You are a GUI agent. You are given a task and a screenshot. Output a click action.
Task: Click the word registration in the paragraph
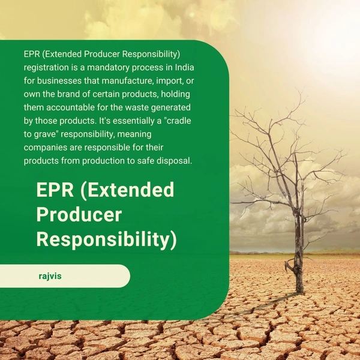click(46, 67)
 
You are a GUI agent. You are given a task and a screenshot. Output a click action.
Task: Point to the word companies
click(47, 147)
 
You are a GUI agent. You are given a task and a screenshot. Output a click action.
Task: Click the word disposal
click(174, 161)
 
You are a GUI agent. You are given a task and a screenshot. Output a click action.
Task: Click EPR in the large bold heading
click(54, 191)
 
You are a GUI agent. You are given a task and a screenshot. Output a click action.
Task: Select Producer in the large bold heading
click(79, 215)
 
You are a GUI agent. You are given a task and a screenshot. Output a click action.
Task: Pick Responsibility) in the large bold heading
click(107, 239)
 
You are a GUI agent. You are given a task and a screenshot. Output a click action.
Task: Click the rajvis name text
click(49, 277)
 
